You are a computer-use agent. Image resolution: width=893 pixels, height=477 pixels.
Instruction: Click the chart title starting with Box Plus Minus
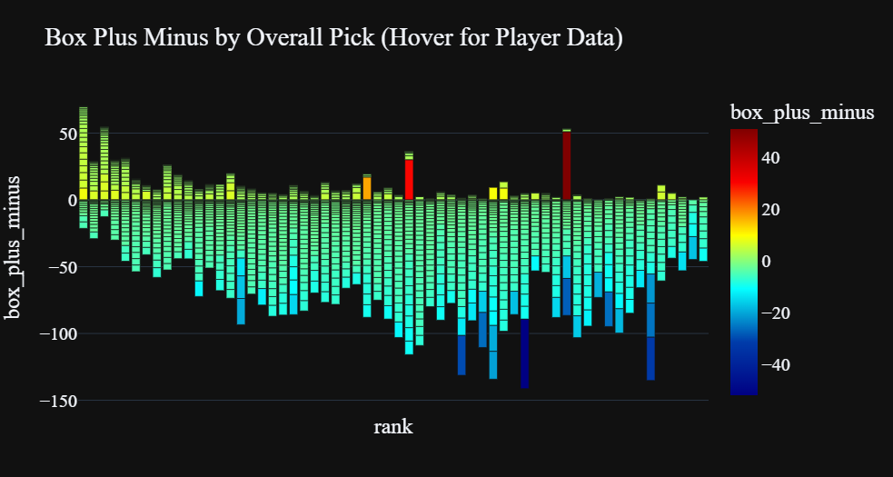click(332, 38)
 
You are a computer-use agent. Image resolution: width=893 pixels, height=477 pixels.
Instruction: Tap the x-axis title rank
click(392, 426)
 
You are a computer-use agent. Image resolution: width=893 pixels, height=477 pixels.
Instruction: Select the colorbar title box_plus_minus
click(802, 112)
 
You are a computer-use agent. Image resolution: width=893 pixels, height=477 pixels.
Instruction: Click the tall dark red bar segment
click(566, 166)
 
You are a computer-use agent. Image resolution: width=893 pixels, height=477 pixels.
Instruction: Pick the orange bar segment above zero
click(367, 188)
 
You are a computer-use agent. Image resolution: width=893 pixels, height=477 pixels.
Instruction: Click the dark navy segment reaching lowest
click(524, 353)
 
